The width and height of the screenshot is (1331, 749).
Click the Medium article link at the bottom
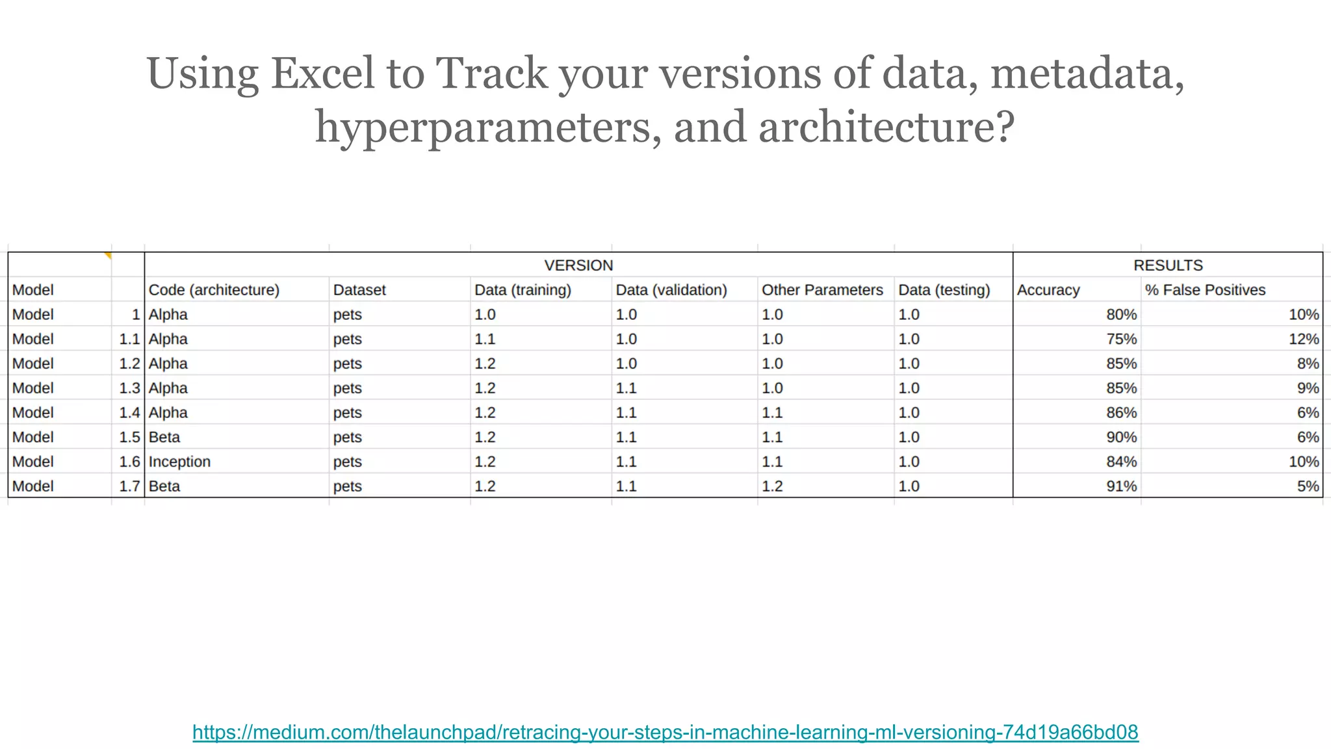click(665, 732)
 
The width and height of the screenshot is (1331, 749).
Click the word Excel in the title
click(322, 73)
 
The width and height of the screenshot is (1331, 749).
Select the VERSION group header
click(578, 265)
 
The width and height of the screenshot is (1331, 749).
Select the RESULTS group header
click(1168, 265)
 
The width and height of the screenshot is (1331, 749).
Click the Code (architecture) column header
click(214, 290)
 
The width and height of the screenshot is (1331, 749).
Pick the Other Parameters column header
click(822, 290)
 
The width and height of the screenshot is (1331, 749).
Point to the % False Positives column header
click(1205, 290)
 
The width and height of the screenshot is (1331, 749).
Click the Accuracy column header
click(1048, 290)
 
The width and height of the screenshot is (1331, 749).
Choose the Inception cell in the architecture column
click(179, 462)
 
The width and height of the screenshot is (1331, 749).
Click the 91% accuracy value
click(1121, 486)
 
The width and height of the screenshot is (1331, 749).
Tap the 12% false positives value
click(1303, 339)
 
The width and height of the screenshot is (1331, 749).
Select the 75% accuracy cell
click(1121, 339)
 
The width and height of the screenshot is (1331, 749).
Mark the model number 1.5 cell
click(129, 437)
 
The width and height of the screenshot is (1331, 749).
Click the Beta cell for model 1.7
click(164, 486)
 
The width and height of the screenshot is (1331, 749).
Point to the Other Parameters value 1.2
click(772, 486)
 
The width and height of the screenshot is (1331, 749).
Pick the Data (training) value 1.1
click(485, 339)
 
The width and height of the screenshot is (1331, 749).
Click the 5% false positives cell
click(1308, 486)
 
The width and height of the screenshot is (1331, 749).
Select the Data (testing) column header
click(944, 290)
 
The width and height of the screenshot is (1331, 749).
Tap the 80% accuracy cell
click(1121, 315)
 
